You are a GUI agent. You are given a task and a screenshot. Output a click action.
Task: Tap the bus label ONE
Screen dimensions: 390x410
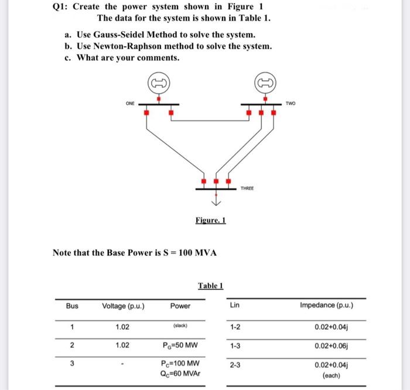tap(129, 103)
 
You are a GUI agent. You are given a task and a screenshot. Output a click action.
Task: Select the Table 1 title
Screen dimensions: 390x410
tap(210, 285)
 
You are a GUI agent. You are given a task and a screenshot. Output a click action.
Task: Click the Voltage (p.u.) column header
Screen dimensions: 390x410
tap(123, 306)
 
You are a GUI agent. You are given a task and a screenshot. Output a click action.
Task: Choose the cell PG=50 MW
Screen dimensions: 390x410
tap(180, 345)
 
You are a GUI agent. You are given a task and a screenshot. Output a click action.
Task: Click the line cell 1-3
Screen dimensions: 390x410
tap(234, 345)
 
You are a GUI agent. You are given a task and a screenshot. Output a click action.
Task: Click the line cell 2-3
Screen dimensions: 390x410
tap(234, 366)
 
